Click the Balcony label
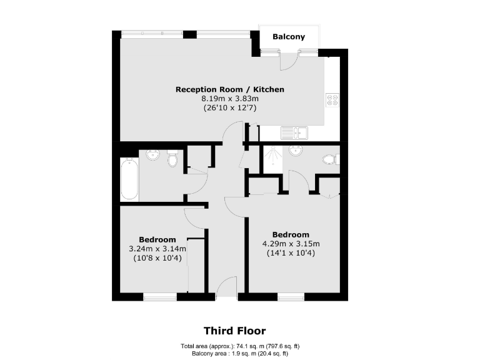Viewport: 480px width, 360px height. click(289, 37)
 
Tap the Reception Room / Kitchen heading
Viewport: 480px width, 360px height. click(230, 89)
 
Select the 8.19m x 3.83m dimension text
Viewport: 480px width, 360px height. click(230, 99)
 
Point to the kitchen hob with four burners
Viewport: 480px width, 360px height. click(332, 100)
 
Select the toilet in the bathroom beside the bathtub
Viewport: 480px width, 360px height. click(173, 160)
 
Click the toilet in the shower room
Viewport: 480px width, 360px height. click(329, 160)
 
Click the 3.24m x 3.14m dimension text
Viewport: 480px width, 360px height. click(157, 249)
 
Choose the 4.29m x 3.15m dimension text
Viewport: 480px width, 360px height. click(291, 244)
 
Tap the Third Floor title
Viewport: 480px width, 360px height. click(234, 331)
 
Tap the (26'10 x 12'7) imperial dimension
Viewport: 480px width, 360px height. click(230, 108)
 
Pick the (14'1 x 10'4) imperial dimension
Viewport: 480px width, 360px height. click(291, 253)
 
